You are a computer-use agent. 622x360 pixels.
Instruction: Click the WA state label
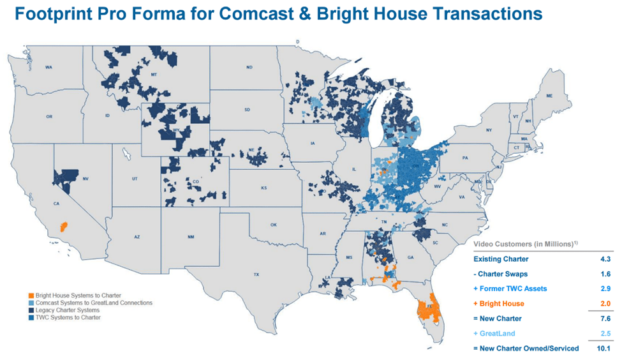coord(48,67)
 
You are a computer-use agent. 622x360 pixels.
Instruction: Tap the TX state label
coord(256,275)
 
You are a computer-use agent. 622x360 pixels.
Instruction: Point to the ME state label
coord(549,96)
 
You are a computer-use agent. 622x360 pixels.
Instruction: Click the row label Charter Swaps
coord(500,274)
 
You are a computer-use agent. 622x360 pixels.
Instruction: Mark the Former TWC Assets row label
coord(510,289)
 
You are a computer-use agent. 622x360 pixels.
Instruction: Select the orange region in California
coord(63,226)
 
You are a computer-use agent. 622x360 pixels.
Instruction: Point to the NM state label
coord(191,237)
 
